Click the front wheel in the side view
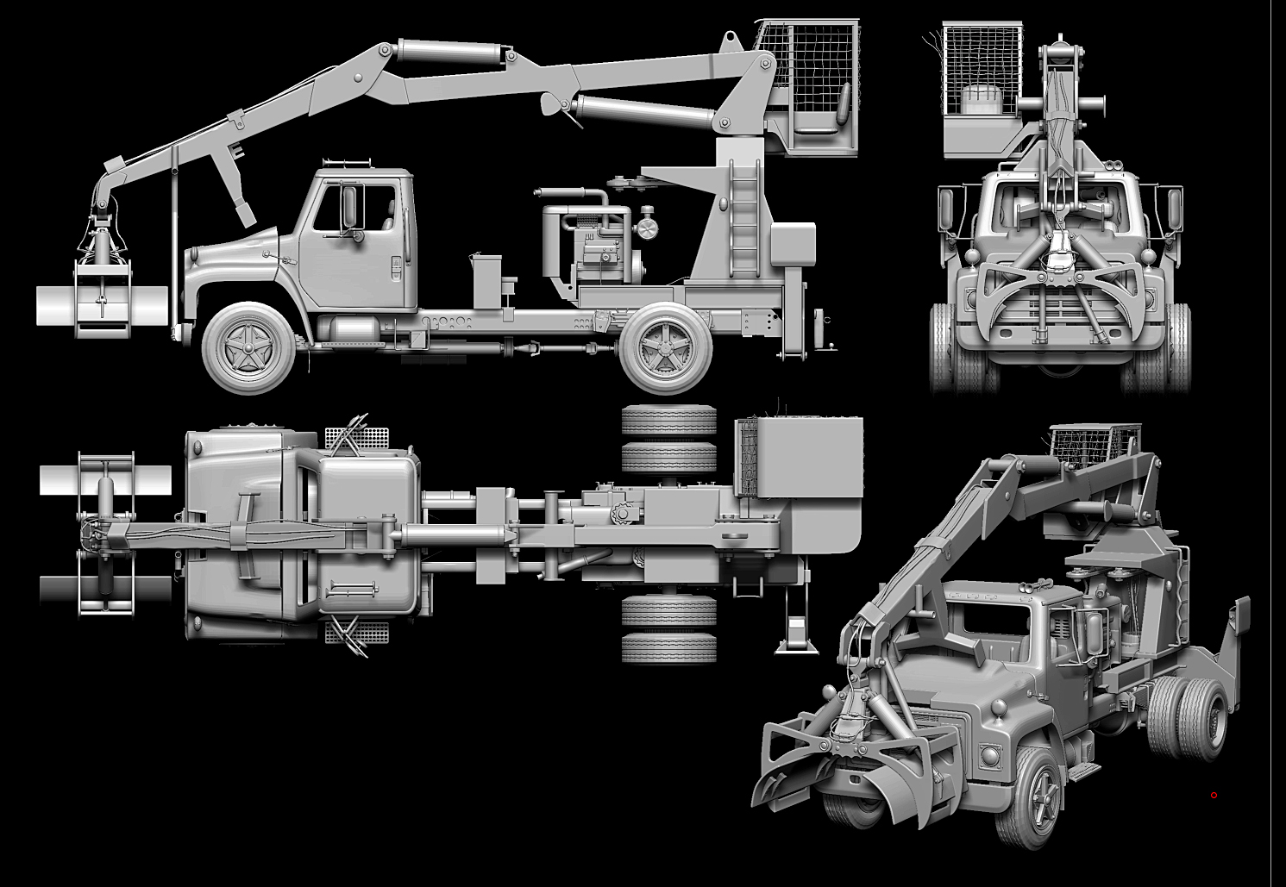coord(248,347)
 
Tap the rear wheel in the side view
coord(667,347)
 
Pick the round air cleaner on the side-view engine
coord(646,229)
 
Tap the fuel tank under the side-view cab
coord(351,328)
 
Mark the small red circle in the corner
coord(1214,795)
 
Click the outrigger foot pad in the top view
coord(795,639)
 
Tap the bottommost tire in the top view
coord(668,648)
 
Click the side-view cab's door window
coord(337,207)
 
